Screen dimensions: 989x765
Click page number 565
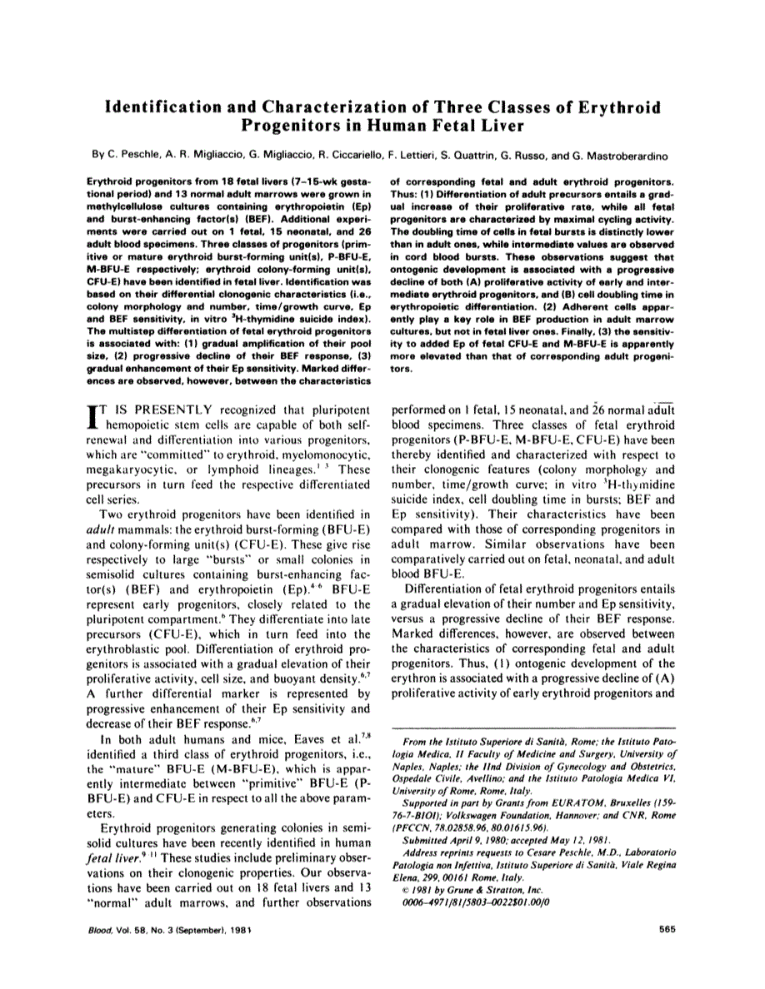pos(665,929)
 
